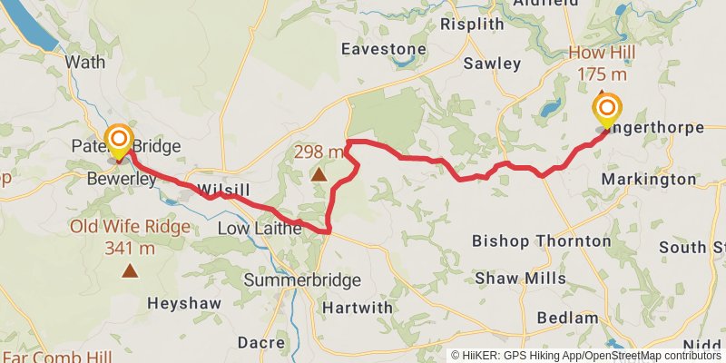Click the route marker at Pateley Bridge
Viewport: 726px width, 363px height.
click(119, 139)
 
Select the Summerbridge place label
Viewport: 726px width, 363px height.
click(302, 280)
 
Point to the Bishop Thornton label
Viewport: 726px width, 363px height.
click(542, 241)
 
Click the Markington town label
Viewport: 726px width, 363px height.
click(649, 180)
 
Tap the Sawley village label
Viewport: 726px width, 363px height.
click(492, 64)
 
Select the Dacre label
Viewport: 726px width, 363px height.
click(261, 342)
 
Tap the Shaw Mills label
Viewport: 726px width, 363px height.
click(521, 279)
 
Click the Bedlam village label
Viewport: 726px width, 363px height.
click(567, 318)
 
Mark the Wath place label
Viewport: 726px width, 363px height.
click(86, 63)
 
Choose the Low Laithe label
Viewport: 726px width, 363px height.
click(260, 230)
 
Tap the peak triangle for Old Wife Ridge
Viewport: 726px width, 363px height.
click(131, 270)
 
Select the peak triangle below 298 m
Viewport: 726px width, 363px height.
click(319, 174)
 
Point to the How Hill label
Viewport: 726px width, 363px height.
click(602, 53)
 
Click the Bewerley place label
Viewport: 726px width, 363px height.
click(122, 181)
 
